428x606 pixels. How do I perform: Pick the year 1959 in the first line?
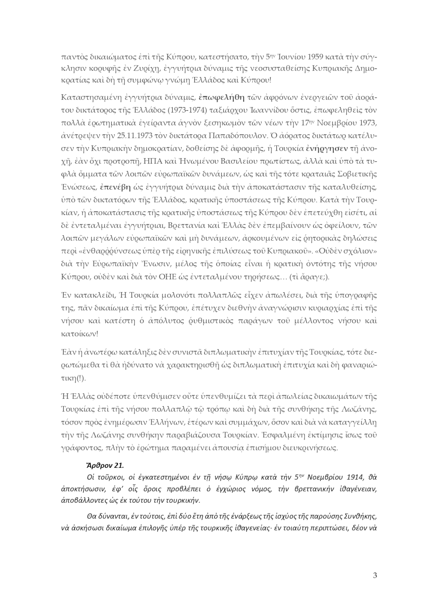point(314,57)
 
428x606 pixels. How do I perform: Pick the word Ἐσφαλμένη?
point(282,435)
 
